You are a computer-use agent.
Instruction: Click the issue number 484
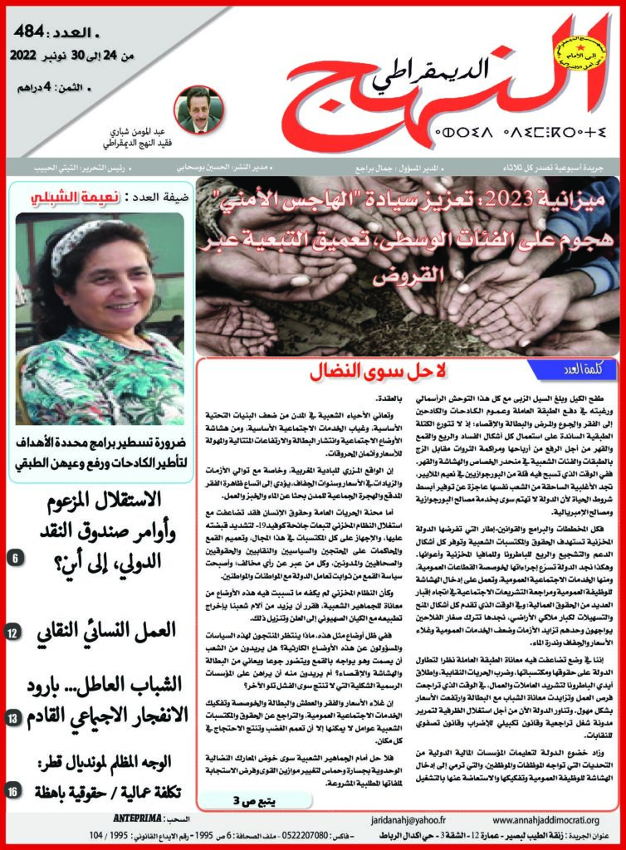(x=35, y=37)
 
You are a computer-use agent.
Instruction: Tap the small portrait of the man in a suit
(x=199, y=110)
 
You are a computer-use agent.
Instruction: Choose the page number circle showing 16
(x=17, y=794)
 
